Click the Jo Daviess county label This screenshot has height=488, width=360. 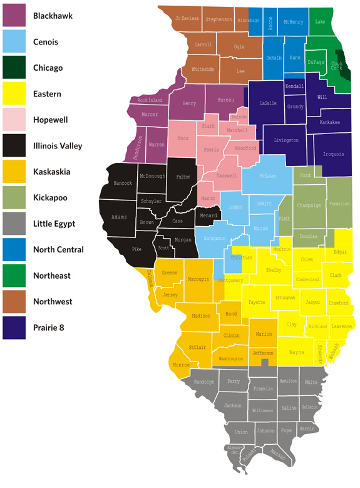click(x=187, y=19)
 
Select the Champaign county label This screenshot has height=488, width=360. click(x=309, y=205)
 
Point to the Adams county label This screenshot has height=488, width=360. click(x=119, y=217)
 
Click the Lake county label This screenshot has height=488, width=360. click(x=321, y=22)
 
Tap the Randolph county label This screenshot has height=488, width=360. click(x=204, y=382)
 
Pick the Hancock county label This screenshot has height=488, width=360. click(x=123, y=183)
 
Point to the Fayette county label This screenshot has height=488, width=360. click(x=257, y=303)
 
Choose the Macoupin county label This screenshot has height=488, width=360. click(x=198, y=278)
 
